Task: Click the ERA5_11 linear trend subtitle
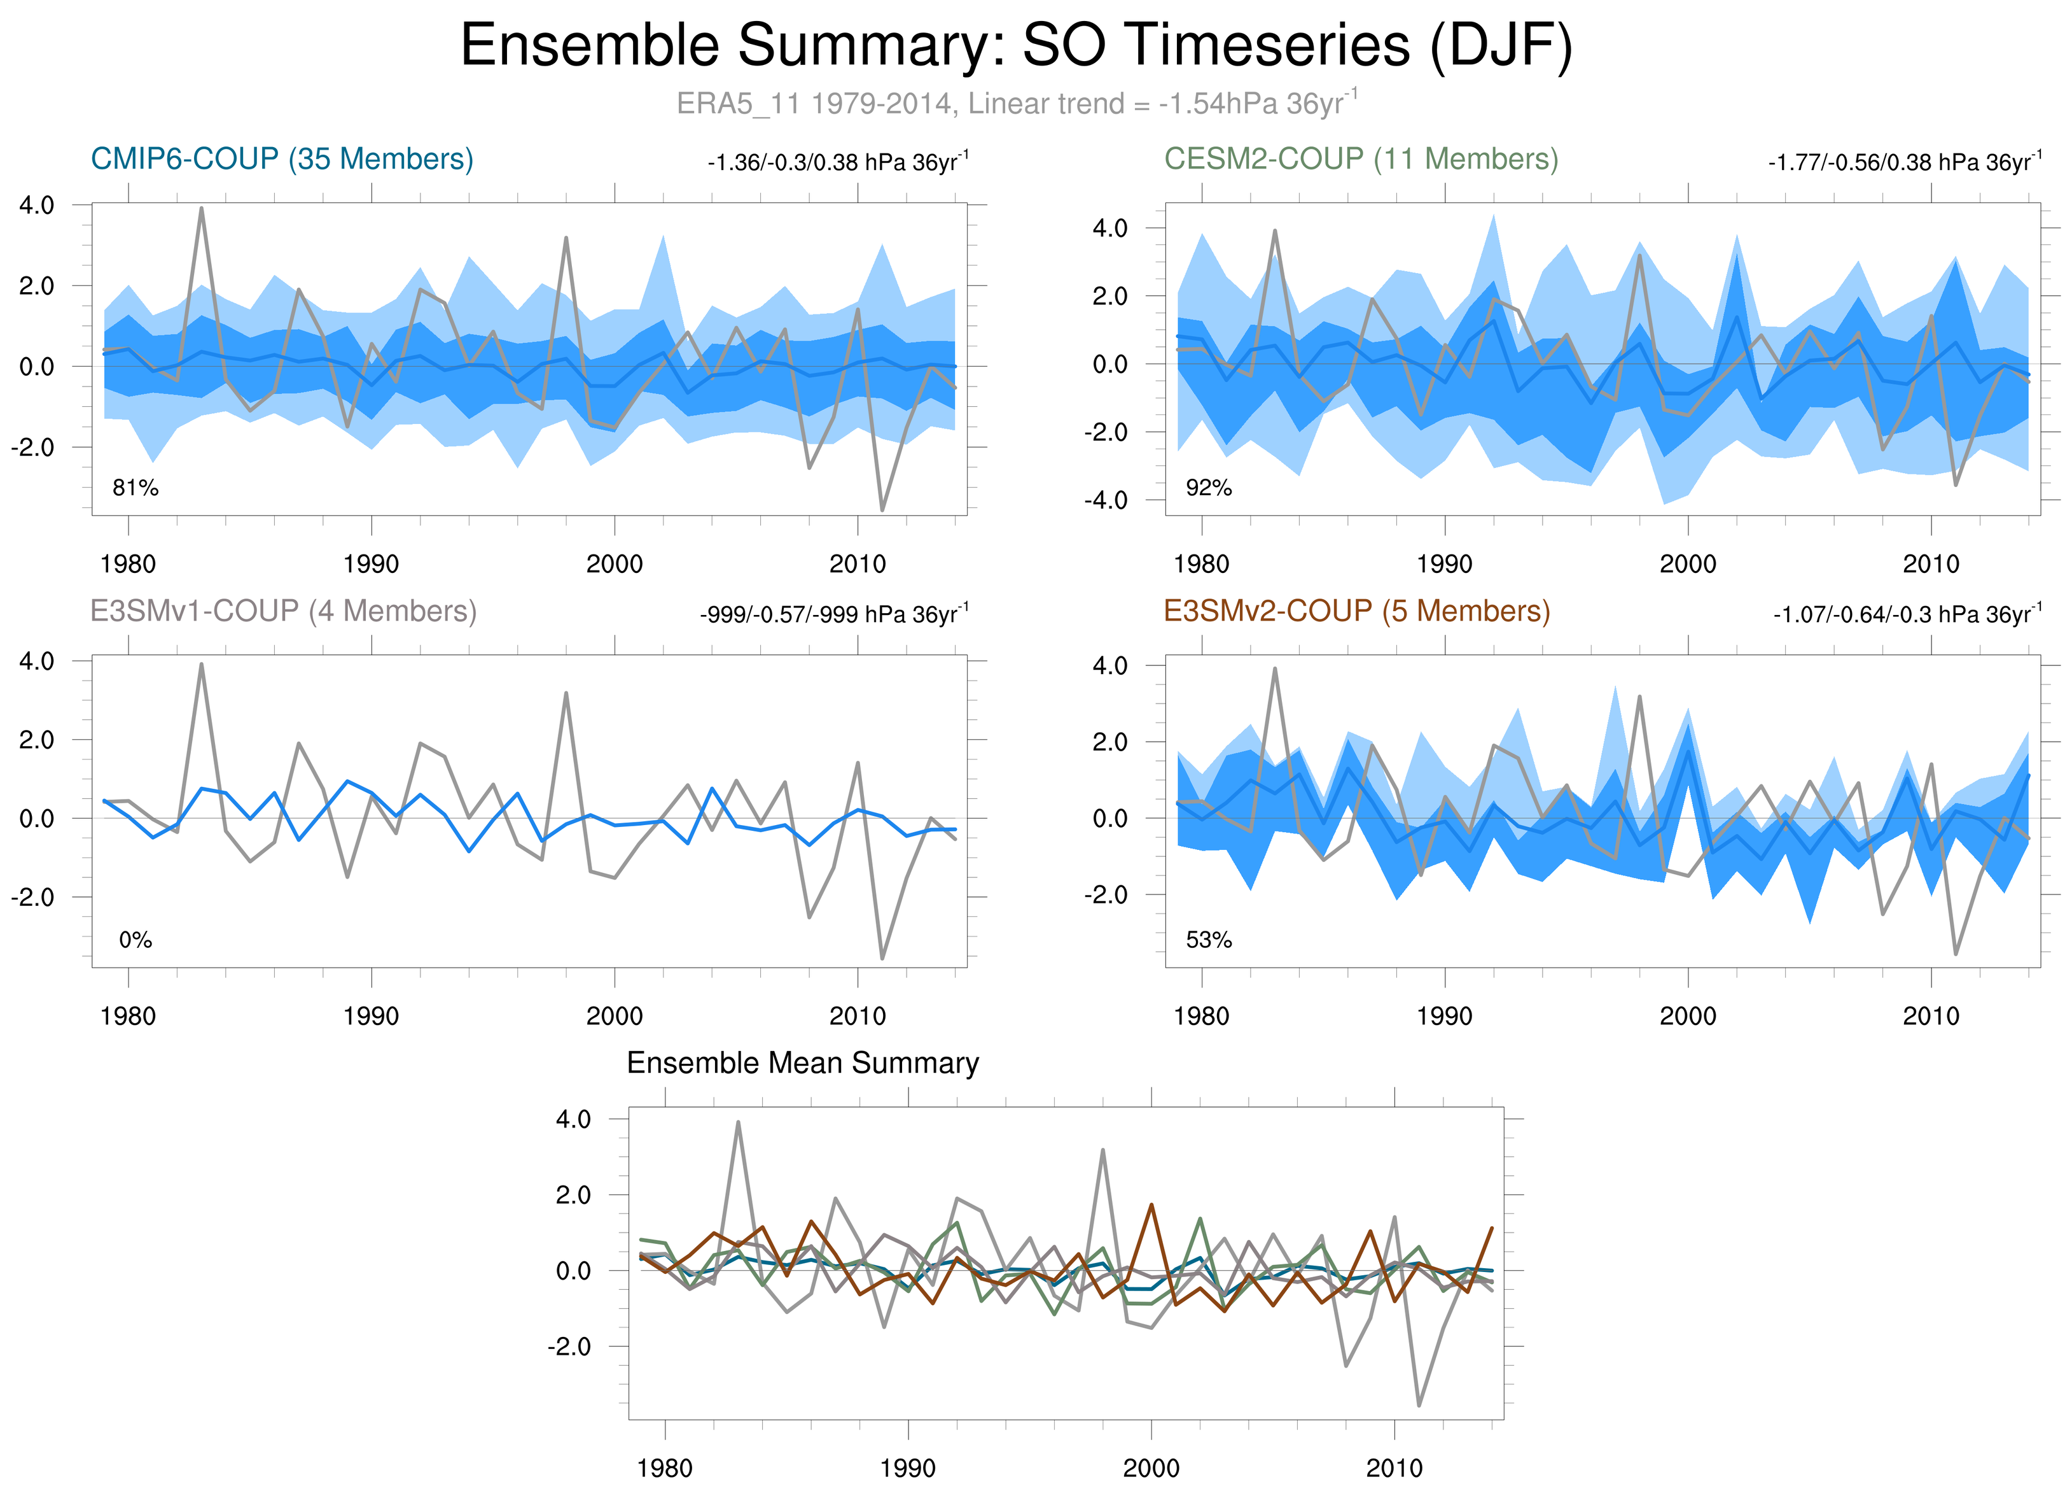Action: (x=1016, y=103)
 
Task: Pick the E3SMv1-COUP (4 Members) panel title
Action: (x=283, y=611)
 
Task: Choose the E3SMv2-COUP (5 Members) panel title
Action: (x=1357, y=611)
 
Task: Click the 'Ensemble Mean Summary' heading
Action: (x=802, y=1063)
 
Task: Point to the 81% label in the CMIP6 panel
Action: (x=136, y=488)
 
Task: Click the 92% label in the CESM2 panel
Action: (x=1209, y=488)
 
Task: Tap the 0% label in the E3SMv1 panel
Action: (x=136, y=940)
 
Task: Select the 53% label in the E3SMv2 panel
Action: (x=1209, y=940)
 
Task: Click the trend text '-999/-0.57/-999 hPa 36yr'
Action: (x=833, y=615)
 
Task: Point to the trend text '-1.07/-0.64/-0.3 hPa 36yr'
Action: (x=1908, y=615)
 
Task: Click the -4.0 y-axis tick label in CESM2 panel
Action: (x=1106, y=500)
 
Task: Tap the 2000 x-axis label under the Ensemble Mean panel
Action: (x=1150, y=1469)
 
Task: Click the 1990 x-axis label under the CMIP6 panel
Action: (x=371, y=564)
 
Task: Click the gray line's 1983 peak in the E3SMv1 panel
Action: (x=201, y=665)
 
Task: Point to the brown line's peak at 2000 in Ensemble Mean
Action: (x=1151, y=1205)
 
